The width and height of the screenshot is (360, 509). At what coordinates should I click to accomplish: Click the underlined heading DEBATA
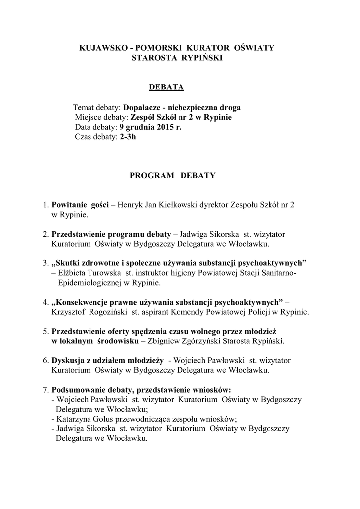tap(167, 87)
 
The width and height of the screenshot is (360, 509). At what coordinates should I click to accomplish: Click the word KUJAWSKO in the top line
tap(101, 47)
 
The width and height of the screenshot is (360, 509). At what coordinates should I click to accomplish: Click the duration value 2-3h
tap(128, 137)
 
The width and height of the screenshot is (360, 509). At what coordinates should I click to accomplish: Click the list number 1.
tap(45, 205)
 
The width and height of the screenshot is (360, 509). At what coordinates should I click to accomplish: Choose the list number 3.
tap(45, 262)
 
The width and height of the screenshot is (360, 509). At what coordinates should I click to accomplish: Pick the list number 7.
tap(45, 389)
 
